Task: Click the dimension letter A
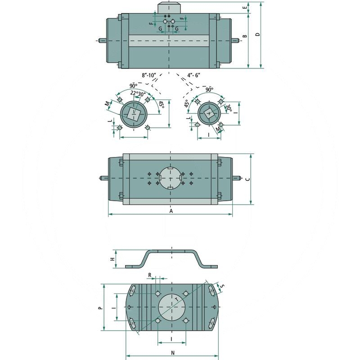pyautogui.click(x=171, y=210)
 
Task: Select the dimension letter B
pyautogui.click(x=245, y=36)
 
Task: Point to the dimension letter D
pyautogui.click(x=257, y=35)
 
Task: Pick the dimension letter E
pyautogui.click(x=245, y=8)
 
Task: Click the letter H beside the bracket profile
pyautogui.click(x=112, y=260)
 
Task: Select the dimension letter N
pyautogui.click(x=173, y=353)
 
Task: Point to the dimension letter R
pyautogui.click(x=150, y=274)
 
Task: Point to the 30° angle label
pyautogui.click(x=228, y=108)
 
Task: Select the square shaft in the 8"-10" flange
pyautogui.click(x=134, y=113)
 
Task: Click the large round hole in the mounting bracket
pyautogui.click(x=171, y=307)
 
